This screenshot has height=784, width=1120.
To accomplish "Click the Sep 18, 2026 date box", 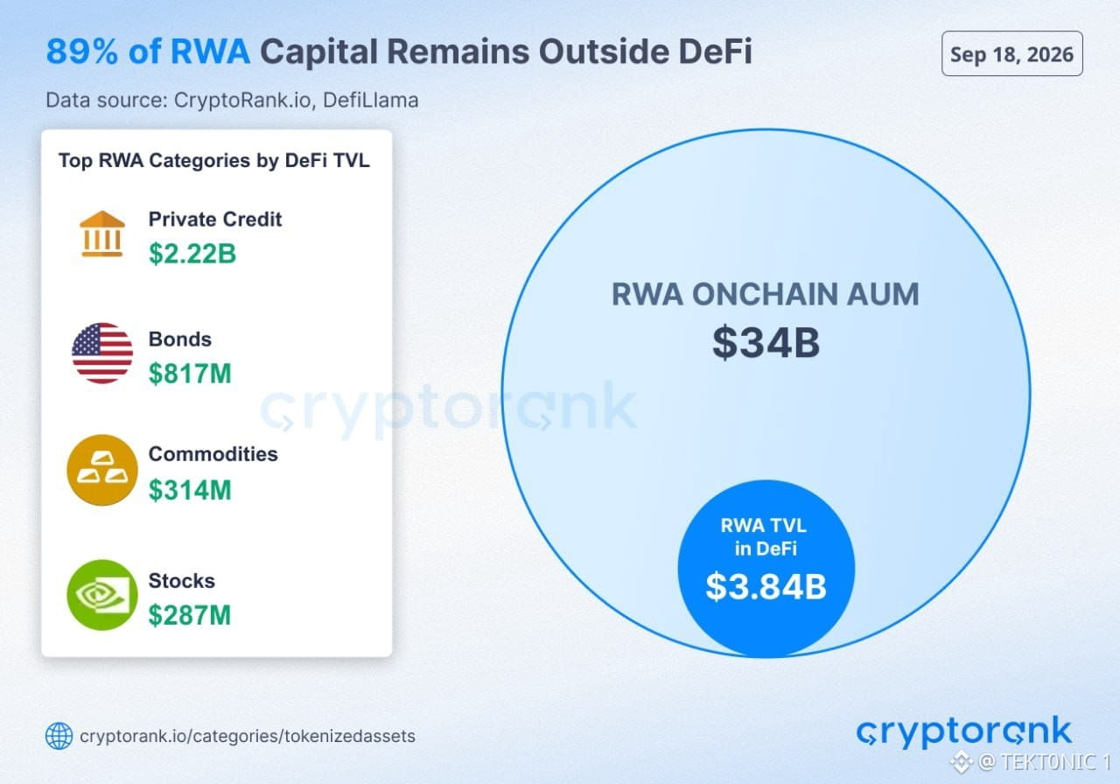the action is (x=1012, y=53).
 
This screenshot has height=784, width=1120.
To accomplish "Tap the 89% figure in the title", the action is (x=82, y=52).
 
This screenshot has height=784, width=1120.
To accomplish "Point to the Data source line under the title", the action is (x=232, y=100).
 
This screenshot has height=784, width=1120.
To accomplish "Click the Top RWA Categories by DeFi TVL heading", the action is (x=214, y=160).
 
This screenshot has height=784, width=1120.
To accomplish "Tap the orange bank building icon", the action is (x=102, y=234).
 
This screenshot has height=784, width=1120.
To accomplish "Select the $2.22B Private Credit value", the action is (x=192, y=254).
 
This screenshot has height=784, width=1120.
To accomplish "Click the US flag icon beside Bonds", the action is (x=102, y=353).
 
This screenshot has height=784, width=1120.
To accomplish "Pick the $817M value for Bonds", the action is (x=190, y=374).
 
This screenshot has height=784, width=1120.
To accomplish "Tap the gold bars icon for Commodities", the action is (x=102, y=470).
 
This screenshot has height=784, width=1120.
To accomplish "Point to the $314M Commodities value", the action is (x=190, y=490).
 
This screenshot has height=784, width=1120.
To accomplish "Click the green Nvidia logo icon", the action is (x=102, y=595).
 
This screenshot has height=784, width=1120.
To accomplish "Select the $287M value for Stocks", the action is (x=190, y=615).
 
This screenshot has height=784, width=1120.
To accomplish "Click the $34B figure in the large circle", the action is (x=766, y=343).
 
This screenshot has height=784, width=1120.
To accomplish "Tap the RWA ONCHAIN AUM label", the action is (x=766, y=294).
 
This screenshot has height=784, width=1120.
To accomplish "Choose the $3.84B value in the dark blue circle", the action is (x=766, y=586).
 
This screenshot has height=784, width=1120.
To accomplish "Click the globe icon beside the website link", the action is (x=59, y=736).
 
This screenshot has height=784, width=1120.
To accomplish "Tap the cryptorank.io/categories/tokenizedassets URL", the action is (x=248, y=737).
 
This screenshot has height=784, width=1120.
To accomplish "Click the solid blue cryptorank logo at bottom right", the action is (x=964, y=731).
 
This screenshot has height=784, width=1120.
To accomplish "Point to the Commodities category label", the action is (x=213, y=454).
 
